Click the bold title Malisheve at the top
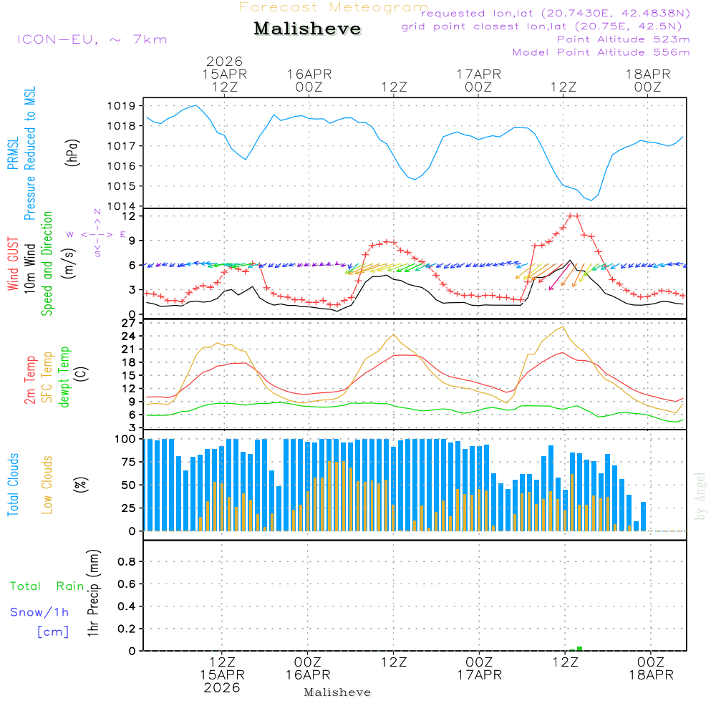tap(308, 29)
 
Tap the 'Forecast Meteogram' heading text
tap(334, 7)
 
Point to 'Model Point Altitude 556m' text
tap(601, 52)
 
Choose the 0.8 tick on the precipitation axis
tap(127, 562)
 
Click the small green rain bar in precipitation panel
tap(579, 649)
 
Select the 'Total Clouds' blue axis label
tap(14, 485)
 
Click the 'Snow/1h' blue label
tap(39, 613)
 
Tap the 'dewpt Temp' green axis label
tap(64, 377)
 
